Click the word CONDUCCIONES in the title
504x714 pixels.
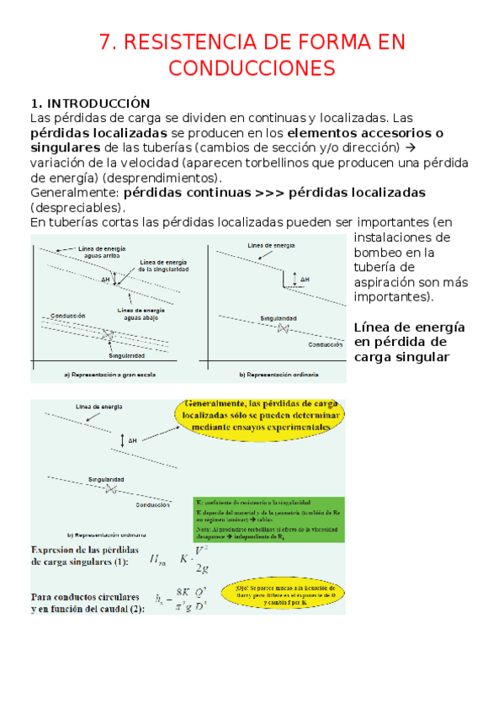pyautogui.click(x=252, y=68)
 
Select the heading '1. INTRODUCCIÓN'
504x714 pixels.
pyautogui.click(x=89, y=104)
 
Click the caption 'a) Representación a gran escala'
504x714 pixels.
pyautogui.click(x=110, y=373)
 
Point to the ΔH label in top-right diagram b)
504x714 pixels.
pyautogui.click(x=303, y=279)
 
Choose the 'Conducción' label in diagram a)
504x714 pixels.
pyautogui.click(x=68, y=316)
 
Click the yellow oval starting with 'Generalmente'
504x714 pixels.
pyautogui.click(x=261, y=415)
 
